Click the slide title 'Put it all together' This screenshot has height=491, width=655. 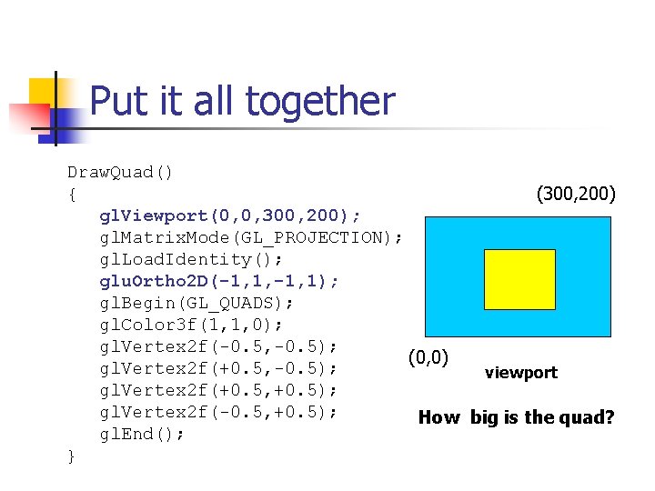(x=242, y=101)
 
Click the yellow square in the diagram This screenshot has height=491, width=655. (x=519, y=279)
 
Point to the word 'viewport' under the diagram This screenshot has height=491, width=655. (x=520, y=373)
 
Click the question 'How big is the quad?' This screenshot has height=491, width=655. (x=516, y=417)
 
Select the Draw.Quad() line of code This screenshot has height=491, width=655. (x=120, y=172)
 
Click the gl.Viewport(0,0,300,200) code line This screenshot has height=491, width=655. (x=230, y=215)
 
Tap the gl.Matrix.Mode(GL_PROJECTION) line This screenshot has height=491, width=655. (x=251, y=237)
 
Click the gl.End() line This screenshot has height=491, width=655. (x=143, y=434)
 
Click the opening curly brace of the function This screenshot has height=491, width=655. (x=72, y=195)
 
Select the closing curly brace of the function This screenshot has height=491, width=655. (x=72, y=456)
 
